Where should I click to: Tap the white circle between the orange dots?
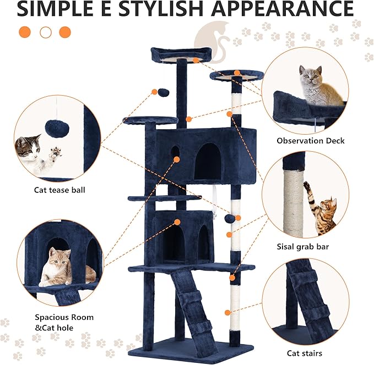click(46, 32)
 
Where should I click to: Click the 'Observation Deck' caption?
click(310, 141)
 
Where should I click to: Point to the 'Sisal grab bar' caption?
click(302, 247)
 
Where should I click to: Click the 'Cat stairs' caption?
click(304, 353)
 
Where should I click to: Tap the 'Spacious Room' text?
click(64, 317)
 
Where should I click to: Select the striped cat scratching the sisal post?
click(323, 211)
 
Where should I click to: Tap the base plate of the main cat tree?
click(182, 348)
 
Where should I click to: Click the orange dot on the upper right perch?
click(237, 73)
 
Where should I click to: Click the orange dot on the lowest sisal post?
click(228, 313)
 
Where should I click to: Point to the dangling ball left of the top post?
click(164, 92)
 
